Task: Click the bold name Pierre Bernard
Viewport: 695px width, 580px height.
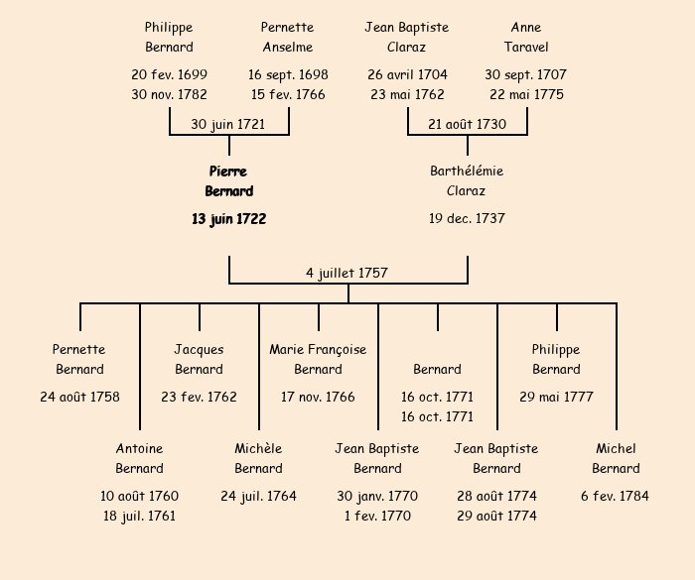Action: (x=229, y=181)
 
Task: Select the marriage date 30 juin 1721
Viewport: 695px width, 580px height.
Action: (x=228, y=124)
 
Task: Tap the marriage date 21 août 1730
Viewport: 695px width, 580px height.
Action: (x=467, y=124)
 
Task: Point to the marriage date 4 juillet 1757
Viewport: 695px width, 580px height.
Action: (x=347, y=273)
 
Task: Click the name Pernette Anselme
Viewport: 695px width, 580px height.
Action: (x=288, y=38)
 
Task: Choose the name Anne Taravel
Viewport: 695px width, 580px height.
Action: (x=526, y=38)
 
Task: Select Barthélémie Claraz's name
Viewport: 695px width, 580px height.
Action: (x=467, y=181)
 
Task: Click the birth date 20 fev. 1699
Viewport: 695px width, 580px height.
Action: (x=169, y=74)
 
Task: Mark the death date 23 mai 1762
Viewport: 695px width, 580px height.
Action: (x=407, y=95)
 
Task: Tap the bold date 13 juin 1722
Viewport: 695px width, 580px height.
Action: (x=229, y=218)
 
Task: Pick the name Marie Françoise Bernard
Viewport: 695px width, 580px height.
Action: (x=318, y=359)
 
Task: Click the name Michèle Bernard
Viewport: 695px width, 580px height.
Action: (x=258, y=458)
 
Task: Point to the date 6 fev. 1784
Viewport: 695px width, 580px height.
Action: (x=616, y=496)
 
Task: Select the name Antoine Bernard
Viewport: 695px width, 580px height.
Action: (x=139, y=458)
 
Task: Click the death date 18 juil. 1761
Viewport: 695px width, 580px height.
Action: (x=139, y=516)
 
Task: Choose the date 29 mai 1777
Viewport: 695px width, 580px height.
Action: (x=556, y=397)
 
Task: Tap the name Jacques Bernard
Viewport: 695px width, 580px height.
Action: (x=199, y=359)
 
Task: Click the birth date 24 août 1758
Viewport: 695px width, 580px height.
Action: (x=79, y=397)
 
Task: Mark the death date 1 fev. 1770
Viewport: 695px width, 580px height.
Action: (x=377, y=516)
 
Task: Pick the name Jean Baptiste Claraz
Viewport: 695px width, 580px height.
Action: (x=407, y=38)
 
